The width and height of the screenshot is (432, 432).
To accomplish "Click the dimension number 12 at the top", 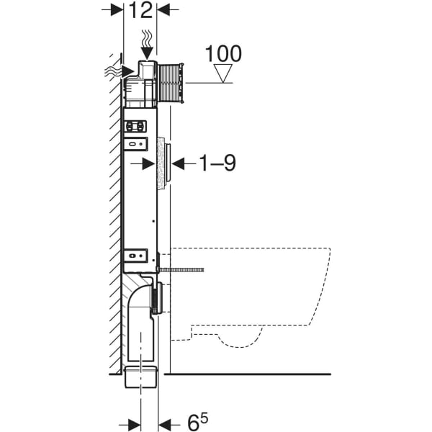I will pos(140,10).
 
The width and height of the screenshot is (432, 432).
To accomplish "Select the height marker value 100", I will pos(223,54).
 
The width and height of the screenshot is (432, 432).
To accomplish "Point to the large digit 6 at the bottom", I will pos(192,421).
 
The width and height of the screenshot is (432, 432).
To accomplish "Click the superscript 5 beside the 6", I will pos(205,416).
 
